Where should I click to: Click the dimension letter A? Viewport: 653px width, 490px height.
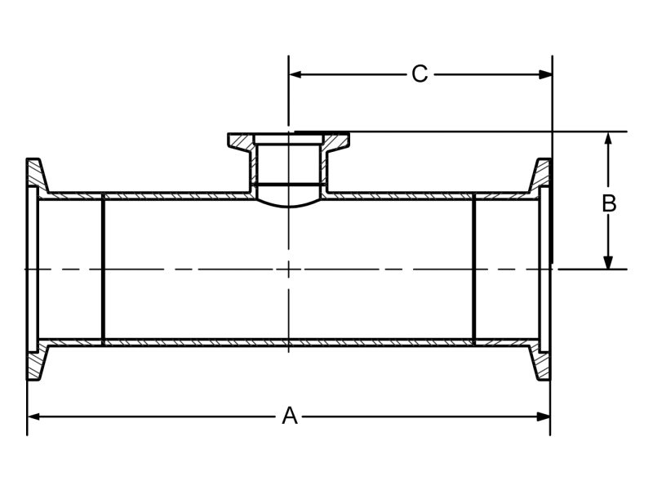coord(290,416)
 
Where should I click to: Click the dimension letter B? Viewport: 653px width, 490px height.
coord(609,203)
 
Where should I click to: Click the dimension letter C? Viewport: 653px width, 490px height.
coord(419,74)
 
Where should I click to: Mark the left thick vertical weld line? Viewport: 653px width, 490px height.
coord(103,268)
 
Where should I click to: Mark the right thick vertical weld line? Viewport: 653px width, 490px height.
coord(474,268)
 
